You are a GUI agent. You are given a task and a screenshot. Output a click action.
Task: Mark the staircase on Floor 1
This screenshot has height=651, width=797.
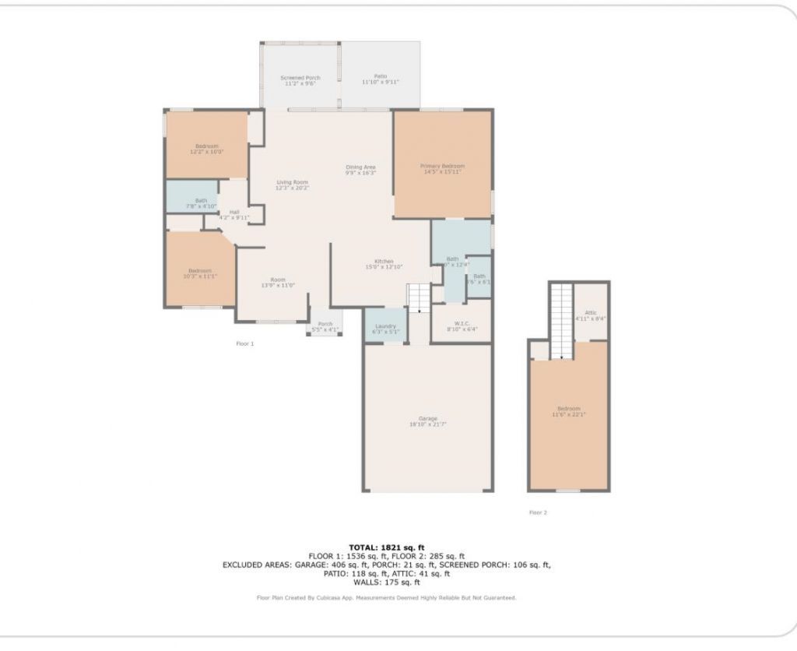point(418,298)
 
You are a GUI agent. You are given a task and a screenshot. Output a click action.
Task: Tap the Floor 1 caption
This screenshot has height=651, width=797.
point(244,343)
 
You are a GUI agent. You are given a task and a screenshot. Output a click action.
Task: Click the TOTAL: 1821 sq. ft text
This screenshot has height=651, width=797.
point(386,547)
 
